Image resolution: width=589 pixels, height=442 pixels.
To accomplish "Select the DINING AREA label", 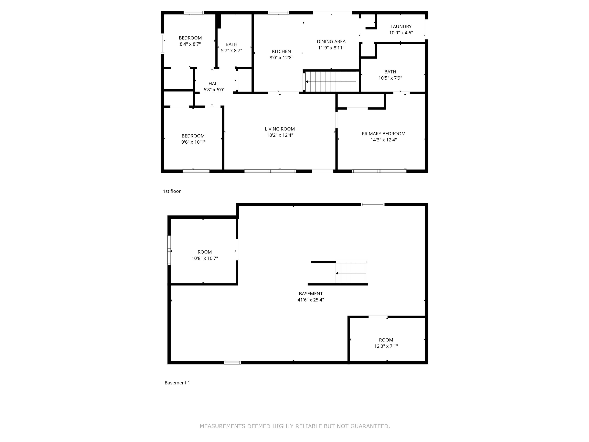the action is coord(331,42).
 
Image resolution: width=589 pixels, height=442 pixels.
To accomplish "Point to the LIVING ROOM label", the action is coord(280,129).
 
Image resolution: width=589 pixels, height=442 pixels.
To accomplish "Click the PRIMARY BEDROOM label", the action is coord(383,134).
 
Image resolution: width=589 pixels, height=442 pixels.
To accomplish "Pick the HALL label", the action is coord(214,84).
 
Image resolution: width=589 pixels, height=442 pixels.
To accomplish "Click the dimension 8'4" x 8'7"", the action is coord(190,44).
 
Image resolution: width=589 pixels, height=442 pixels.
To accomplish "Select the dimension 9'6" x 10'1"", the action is coord(193,142).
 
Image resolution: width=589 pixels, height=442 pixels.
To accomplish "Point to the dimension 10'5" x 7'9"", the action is coord(390,78).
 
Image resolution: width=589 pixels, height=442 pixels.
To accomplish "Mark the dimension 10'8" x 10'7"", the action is coord(205,258).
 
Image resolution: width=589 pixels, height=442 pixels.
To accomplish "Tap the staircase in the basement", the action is coord(351,273).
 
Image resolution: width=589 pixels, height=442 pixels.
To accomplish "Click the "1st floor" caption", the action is coord(172,191).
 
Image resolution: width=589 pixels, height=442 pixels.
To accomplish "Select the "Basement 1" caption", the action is coord(177,383).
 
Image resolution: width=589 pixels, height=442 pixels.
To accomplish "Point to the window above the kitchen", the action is coord(278,13).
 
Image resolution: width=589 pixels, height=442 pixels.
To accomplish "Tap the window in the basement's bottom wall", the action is coord(232,363).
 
